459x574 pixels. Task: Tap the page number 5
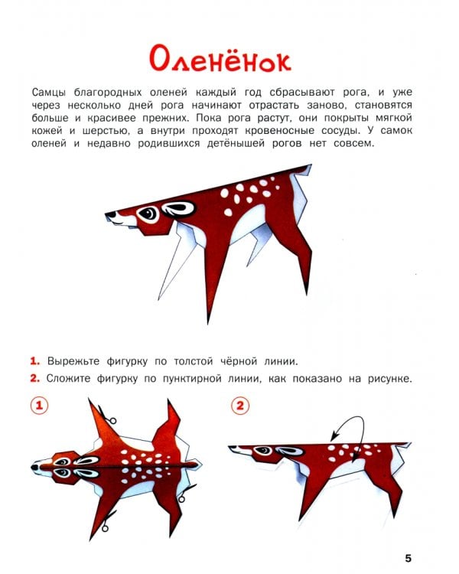click(x=408, y=558)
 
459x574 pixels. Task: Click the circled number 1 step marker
click(x=39, y=406)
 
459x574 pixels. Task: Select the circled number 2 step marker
click(x=240, y=406)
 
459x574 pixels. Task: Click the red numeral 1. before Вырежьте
click(x=34, y=361)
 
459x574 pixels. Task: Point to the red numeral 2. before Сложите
click(x=34, y=379)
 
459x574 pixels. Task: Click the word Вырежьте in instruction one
click(x=73, y=362)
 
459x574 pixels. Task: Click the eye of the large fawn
click(x=148, y=214)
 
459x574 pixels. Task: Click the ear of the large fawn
click(x=178, y=209)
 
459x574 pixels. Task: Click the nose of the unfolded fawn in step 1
click(x=34, y=467)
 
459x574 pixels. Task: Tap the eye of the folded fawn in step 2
click(x=263, y=451)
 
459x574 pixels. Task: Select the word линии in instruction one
click(x=281, y=362)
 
